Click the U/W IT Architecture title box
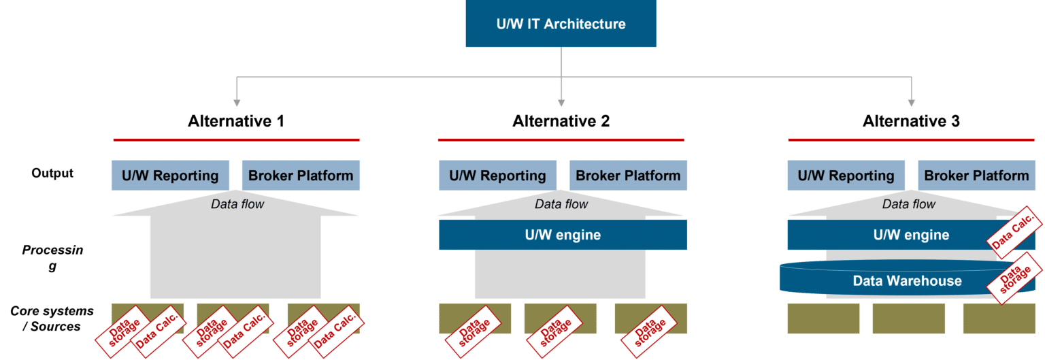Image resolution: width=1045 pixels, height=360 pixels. [x=561, y=24]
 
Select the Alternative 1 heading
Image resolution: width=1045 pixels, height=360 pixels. [x=236, y=121]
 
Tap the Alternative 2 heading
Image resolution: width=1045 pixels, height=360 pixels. [x=561, y=121]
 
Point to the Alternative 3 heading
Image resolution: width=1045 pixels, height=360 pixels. [x=911, y=121]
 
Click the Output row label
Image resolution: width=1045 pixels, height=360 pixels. [x=52, y=173]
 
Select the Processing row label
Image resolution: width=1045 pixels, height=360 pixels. [x=52, y=258]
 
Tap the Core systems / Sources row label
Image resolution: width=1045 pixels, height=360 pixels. [x=52, y=318]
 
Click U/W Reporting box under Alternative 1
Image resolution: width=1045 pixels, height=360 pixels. [x=170, y=176]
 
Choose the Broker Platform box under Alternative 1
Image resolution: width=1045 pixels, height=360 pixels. [x=301, y=176]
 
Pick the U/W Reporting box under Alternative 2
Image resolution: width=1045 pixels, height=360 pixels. [x=497, y=176]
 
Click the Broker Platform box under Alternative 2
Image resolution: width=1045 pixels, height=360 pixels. [x=628, y=176]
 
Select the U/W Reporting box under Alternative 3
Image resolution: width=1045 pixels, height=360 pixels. [x=846, y=176]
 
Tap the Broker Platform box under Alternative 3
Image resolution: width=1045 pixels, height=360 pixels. [x=976, y=176]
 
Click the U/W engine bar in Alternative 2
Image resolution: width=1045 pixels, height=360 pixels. [x=563, y=235]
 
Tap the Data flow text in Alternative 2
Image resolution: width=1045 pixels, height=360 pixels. [x=561, y=204]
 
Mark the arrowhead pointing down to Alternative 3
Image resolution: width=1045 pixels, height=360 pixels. [x=911, y=102]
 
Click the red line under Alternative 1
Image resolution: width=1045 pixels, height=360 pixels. [x=236, y=140]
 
